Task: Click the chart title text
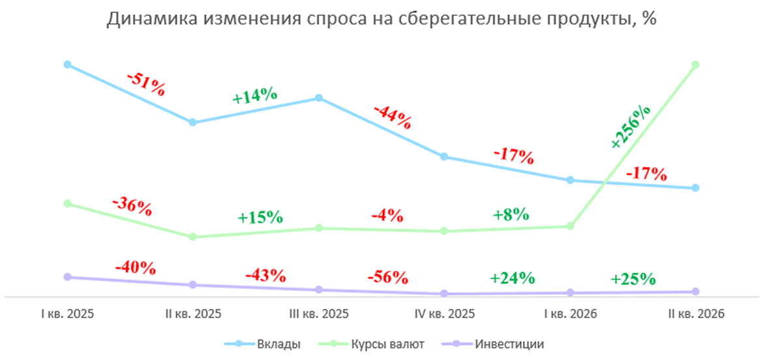tap(382, 20)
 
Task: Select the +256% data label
tap(630, 127)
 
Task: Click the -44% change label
tap(392, 117)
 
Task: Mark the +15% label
tap(260, 217)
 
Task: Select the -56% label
tap(387, 277)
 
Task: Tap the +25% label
tap(633, 278)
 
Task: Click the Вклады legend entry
tap(262, 344)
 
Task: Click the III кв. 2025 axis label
tap(319, 313)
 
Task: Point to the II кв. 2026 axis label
tap(695, 313)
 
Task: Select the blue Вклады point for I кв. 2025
tap(67, 65)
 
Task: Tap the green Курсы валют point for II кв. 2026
tap(696, 65)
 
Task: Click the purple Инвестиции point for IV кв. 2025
tap(444, 293)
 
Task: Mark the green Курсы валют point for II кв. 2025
tap(192, 237)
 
